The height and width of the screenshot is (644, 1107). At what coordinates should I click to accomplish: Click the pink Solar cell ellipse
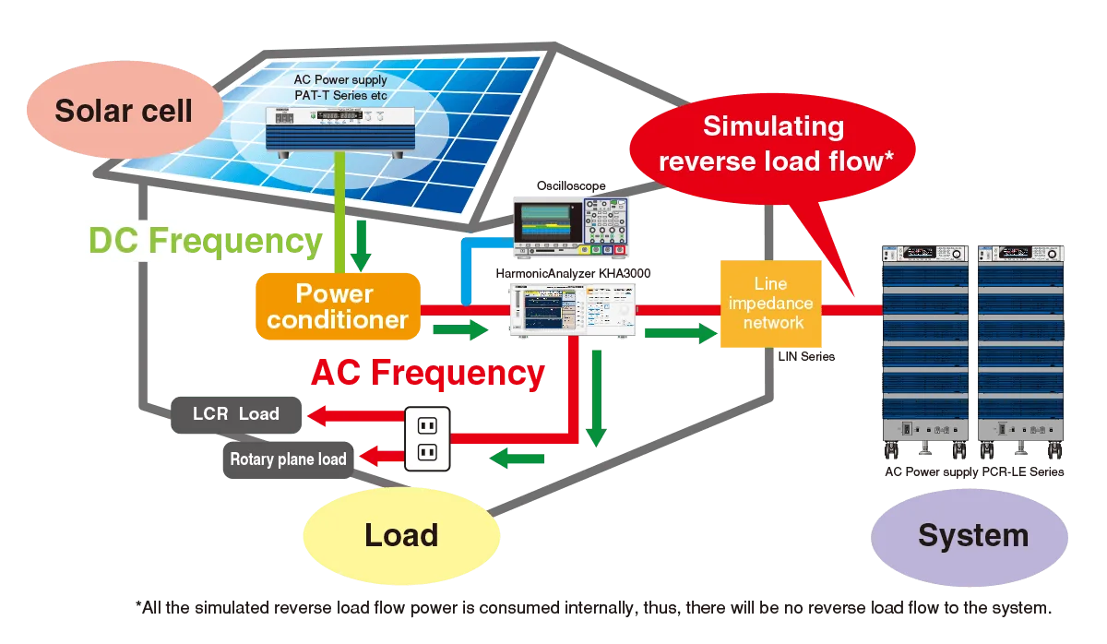pyautogui.click(x=124, y=111)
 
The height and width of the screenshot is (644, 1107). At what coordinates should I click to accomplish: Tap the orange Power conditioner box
pyautogui.click(x=338, y=307)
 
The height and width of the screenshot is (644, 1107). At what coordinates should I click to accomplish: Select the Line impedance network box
pyautogui.click(x=770, y=304)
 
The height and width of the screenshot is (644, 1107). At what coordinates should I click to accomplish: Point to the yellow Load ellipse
pyautogui.click(x=401, y=535)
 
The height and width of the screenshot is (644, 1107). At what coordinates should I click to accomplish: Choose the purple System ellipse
pyautogui.click(x=971, y=535)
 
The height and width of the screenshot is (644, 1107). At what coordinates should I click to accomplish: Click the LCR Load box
pyautogui.click(x=236, y=414)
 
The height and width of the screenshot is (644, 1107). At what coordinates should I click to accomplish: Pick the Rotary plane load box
pyautogui.click(x=288, y=459)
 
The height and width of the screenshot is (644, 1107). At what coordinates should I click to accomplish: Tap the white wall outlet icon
pyautogui.click(x=426, y=438)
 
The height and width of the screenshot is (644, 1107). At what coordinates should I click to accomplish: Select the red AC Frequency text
pyautogui.click(x=427, y=374)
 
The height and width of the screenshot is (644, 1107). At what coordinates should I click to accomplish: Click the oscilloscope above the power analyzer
pyautogui.click(x=572, y=225)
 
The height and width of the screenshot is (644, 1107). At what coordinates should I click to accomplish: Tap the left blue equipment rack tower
pyautogui.click(x=923, y=355)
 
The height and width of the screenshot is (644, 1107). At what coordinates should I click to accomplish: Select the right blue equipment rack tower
pyautogui.click(x=1022, y=355)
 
